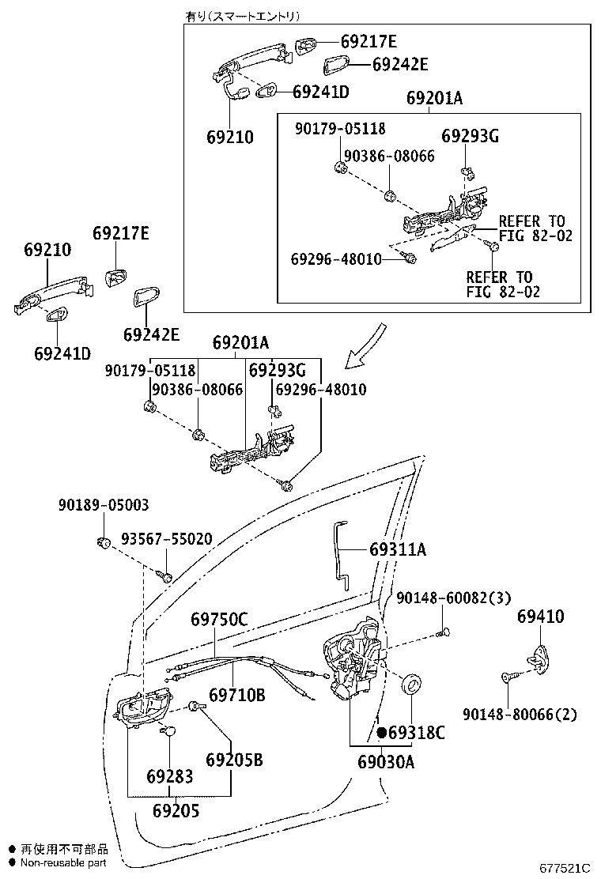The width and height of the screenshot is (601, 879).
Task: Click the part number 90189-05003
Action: (x=103, y=505)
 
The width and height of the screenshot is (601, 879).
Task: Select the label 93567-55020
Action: (x=166, y=539)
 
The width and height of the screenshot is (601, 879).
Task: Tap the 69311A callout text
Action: (x=397, y=549)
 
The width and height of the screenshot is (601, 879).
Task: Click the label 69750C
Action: (x=219, y=620)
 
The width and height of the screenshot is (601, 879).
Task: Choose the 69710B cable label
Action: (x=236, y=695)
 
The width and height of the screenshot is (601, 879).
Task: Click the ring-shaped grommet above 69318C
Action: (x=412, y=685)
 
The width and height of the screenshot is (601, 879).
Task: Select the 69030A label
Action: (x=386, y=762)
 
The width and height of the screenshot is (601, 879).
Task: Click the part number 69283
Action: (x=169, y=776)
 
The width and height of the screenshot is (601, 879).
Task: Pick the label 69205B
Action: (x=234, y=760)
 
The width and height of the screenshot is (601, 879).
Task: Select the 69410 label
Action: (x=541, y=617)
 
